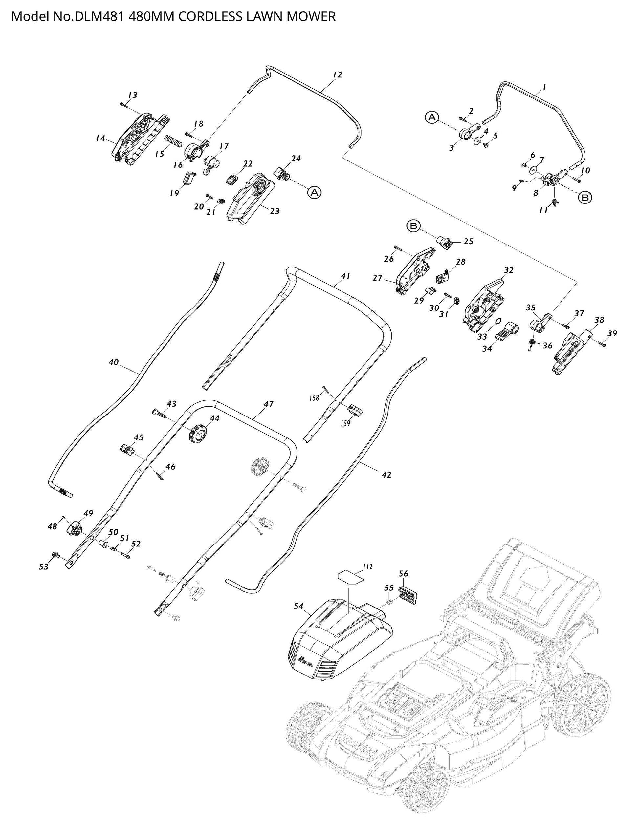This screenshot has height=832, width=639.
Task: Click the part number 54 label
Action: click(x=299, y=606)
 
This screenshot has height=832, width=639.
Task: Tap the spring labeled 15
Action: click(x=173, y=143)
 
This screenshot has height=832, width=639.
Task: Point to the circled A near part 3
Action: click(x=432, y=117)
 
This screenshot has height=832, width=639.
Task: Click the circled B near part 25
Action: click(x=413, y=226)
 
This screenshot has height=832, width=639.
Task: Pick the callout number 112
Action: click(x=367, y=567)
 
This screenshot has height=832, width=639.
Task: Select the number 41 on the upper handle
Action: click(x=345, y=276)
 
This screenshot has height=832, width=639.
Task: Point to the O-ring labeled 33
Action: click(x=498, y=322)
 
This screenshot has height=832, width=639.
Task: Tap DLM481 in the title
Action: click(x=99, y=17)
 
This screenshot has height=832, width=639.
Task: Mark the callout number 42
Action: click(x=386, y=475)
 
